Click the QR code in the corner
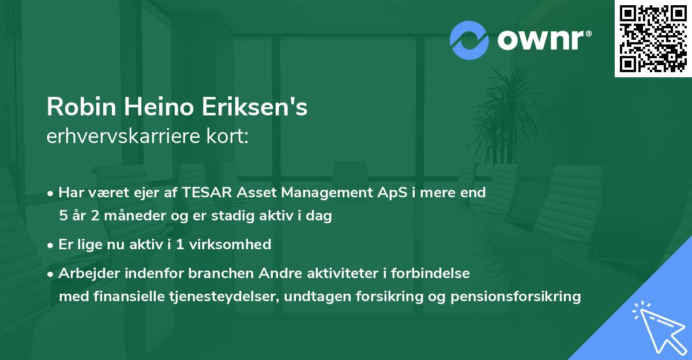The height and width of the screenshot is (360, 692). point(653,39)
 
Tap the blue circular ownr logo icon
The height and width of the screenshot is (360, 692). point(469,40)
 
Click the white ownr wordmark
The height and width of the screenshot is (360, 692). point(544,40)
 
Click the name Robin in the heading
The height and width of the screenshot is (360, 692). point(81,107)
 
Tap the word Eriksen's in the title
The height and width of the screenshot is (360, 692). point(254,107)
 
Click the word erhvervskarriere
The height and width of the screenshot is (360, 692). point(123,136)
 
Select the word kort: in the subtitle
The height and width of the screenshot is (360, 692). point(227,136)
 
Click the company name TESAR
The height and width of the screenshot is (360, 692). point(206,192)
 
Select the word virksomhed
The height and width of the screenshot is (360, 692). point(230,245)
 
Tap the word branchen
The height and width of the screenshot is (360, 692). point(221,273)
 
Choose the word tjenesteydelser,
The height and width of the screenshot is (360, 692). point(224,297)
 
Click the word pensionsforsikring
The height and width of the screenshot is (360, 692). point(516,297)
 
